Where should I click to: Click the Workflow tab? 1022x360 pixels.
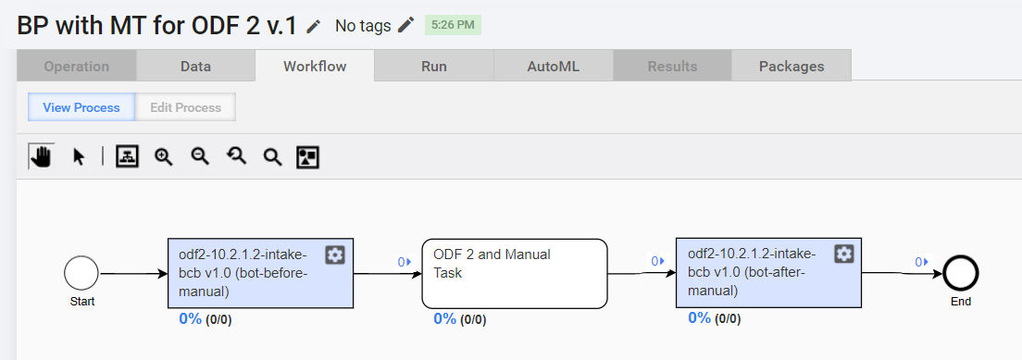point(315,66)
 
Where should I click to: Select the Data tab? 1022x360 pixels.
point(195,66)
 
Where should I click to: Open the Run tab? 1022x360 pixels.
point(434,66)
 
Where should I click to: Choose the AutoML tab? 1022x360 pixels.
point(554,66)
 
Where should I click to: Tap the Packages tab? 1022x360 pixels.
point(791,66)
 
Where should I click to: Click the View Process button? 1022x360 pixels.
point(81,107)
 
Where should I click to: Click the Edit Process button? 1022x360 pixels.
point(186,107)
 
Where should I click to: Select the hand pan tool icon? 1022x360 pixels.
point(42,156)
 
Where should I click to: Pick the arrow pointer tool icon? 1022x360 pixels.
point(79,157)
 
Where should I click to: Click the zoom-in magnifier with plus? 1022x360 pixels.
point(163,156)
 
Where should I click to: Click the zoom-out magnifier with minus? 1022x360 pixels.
point(199,156)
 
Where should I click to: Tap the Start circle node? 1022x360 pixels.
point(81,273)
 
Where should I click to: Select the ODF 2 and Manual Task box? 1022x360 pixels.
point(515,273)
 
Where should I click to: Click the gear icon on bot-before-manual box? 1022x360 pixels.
point(335,254)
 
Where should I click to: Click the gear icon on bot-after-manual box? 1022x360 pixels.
point(844,254)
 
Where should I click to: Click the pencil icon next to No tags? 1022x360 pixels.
point(406,25)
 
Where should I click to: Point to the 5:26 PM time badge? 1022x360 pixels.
point(453,25)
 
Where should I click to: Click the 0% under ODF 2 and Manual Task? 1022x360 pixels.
point(444,319)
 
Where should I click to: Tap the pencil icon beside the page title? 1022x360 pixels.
point(314,26)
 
